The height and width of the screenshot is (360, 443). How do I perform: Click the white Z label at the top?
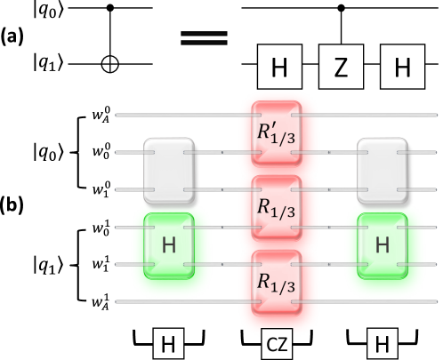pos(340,68)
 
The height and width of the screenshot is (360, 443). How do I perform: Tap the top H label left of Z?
pos(279,68)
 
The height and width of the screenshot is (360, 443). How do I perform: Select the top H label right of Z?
pos(402,68)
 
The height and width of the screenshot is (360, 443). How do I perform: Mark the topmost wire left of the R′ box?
pos(178,115)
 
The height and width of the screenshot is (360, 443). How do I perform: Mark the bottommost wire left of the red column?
pos(178,302)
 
